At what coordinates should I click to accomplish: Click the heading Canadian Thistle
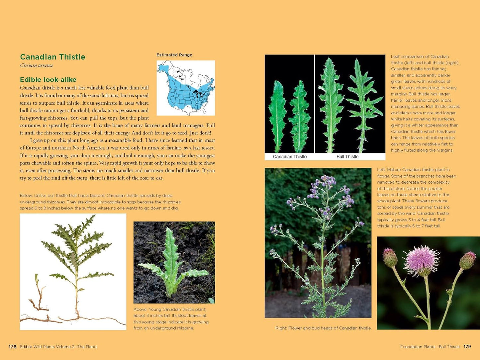click(52, 57)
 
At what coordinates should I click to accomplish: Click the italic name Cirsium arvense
click(37, 65)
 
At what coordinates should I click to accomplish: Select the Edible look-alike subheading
click(48, 80)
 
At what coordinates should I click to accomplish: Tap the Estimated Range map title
click(174, 55)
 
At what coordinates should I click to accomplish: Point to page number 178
click(13, 347)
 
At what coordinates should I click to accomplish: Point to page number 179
click(467, 347)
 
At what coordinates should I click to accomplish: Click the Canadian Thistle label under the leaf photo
click(290, 157)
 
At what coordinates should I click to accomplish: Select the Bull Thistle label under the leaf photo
click(347, 157)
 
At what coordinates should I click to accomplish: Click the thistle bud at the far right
click(468, 260)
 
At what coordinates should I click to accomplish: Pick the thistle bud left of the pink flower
click(390, 257)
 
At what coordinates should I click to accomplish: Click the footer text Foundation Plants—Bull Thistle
click(430, 347)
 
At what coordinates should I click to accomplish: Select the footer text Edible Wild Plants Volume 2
click(58, 347)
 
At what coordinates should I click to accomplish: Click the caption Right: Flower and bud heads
click(323, 328)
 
